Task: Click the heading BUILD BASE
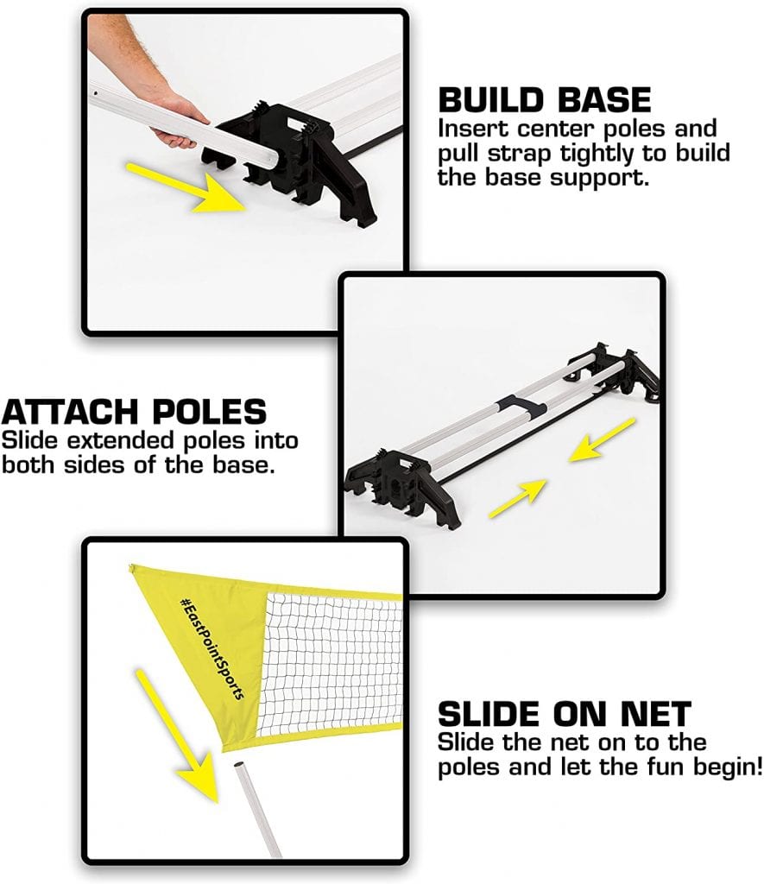544,100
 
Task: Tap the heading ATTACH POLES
134,412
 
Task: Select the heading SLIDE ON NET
565,714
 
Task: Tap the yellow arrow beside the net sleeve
177,736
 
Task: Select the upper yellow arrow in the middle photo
603,440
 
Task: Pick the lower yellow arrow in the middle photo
518,498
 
